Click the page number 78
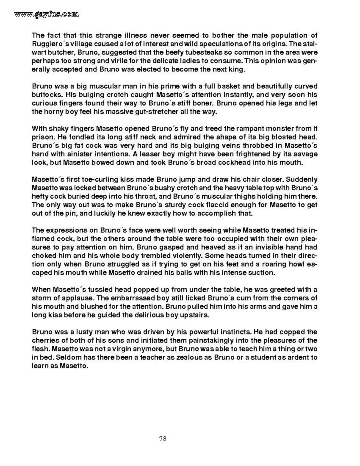click(x=163, y=438)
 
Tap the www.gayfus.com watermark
click(x=47, y=14)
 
